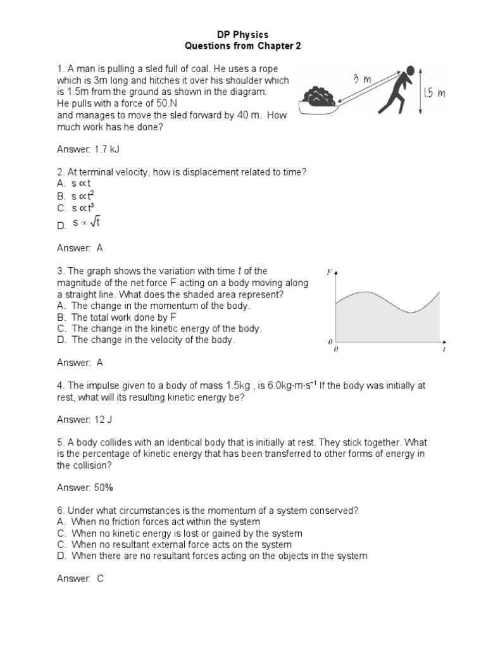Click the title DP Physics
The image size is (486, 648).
pyautogui.click(x=244, y=34)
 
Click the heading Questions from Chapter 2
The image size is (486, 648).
pyautogui.click(x=244, y=46)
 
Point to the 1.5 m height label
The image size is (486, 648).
pyautogui.click(x=435, y=94)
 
